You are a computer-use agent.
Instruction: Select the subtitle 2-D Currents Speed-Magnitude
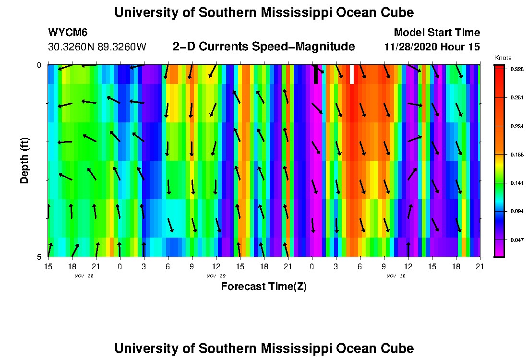(x=264, y=47)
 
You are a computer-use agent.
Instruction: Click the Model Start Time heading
(x=436, y=33)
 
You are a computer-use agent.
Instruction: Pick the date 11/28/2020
(x=408, y=47)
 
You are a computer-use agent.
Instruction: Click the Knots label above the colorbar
(x=503, y=58)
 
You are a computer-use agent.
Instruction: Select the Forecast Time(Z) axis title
(x=264, y=287)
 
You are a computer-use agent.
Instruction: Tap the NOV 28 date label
(x=84, y=276)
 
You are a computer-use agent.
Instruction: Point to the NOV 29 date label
(x=216, y=276)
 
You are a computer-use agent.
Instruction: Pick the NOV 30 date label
(x=396, y=276)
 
